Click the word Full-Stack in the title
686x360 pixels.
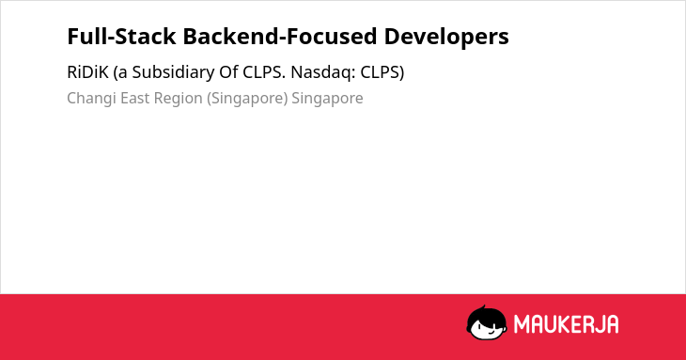coord(121,37)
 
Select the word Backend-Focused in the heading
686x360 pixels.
coord(280,37)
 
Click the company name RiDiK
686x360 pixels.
coord(87,72)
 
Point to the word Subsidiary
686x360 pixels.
coord(173,72)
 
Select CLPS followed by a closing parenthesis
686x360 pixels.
coord(382,72)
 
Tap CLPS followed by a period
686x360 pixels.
coord(264,72)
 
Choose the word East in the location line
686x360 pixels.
coord(135,98)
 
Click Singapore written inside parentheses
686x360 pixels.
coord(247,99)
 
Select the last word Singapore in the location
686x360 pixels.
coord(327,99)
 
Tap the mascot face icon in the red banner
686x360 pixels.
coord(487,323)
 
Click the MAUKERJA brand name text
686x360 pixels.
coord(566,324)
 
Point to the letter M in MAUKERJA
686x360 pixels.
coord(522,324)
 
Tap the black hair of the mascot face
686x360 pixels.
coord(485,314)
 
